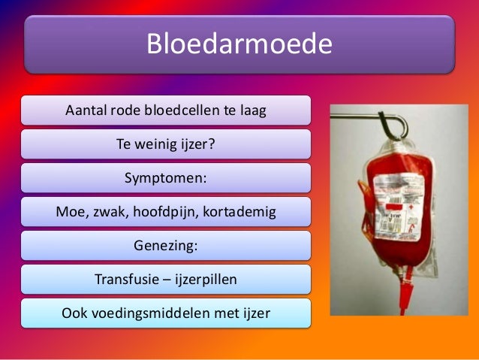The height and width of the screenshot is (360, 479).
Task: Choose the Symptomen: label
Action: point(165,178)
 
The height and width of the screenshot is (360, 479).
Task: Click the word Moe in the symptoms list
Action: point(70,212)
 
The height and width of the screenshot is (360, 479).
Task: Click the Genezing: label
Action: point(165,246)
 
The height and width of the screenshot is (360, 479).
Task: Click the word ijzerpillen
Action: point(203,280)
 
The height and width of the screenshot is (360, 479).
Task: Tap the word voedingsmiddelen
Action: point(158,313)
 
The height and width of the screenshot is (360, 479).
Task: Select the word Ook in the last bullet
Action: point(73,313)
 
